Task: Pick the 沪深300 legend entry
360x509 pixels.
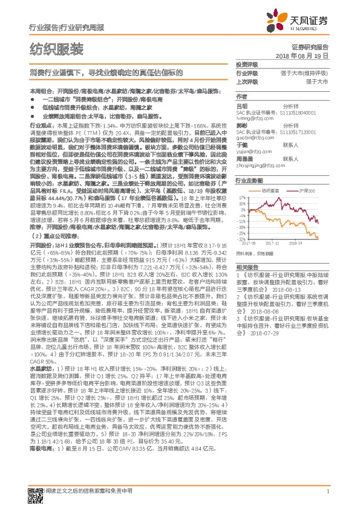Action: pyautogui.click(x=303, y=190)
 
